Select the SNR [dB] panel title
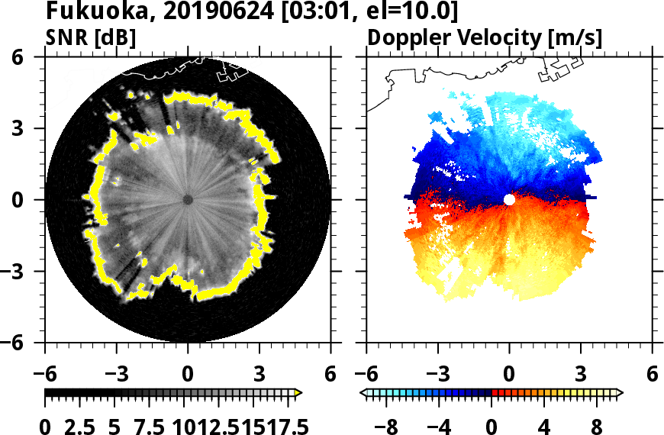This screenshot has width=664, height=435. (x=91, y=37)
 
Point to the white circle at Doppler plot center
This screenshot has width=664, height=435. (x=509, y=199)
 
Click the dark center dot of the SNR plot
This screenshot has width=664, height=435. (x=188, y=199)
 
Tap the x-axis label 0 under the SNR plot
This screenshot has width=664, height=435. (x=188, y=375)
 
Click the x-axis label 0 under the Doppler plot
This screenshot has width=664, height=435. (x=509, y=375)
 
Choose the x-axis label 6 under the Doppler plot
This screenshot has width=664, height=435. (x=652, y=375)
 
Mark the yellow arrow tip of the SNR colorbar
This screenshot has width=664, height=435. (x=298, y=393)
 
